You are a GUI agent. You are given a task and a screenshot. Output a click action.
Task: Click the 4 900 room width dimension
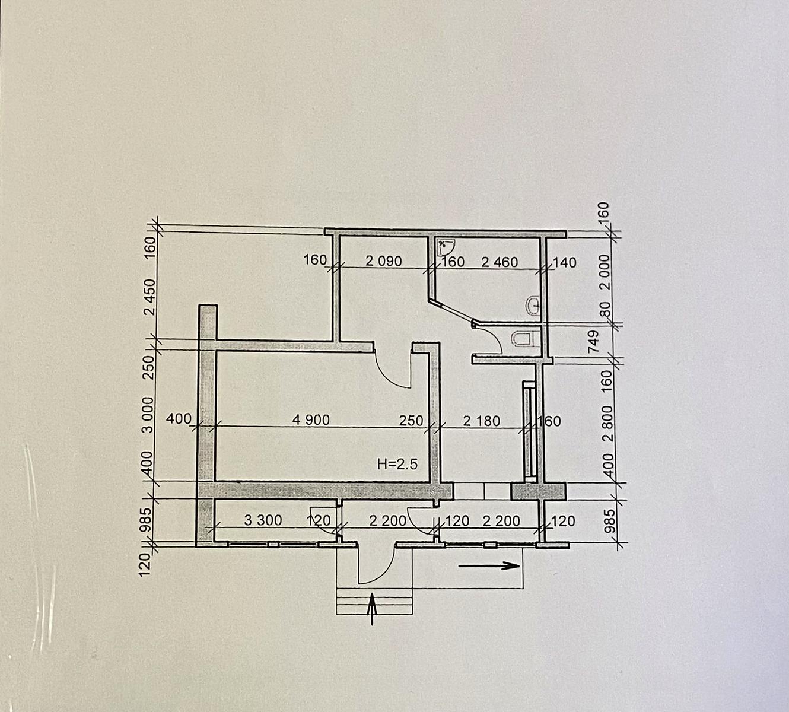click(311, 420)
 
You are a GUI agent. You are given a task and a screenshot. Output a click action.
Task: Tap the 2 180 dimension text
click(482, 421)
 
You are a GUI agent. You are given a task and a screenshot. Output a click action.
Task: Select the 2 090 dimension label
click(383, 261)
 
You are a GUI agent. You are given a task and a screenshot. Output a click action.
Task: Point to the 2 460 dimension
click(500, 262)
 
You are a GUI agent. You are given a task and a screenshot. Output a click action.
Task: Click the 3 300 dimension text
click(263, 520)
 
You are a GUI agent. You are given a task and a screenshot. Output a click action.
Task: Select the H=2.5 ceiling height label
click(397, 465)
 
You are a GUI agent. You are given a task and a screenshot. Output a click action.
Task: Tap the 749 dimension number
click(593, 341)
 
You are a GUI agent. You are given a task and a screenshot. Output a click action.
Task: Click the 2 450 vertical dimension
click(150, 297)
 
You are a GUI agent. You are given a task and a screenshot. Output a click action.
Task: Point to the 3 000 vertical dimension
click(148, 415)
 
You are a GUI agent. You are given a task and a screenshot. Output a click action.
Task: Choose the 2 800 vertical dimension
click(607, 424)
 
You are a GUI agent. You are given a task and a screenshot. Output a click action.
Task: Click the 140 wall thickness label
click(564, 262)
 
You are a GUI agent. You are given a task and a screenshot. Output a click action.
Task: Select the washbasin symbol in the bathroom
click(532, 305)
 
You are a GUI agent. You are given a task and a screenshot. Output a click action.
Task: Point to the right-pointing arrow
click(489, 566)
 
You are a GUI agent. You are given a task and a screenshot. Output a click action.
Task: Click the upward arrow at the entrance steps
click(372, 609)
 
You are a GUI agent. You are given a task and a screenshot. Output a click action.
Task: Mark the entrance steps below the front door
click(374, 601)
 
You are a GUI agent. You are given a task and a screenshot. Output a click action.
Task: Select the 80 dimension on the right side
click(606, 309)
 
